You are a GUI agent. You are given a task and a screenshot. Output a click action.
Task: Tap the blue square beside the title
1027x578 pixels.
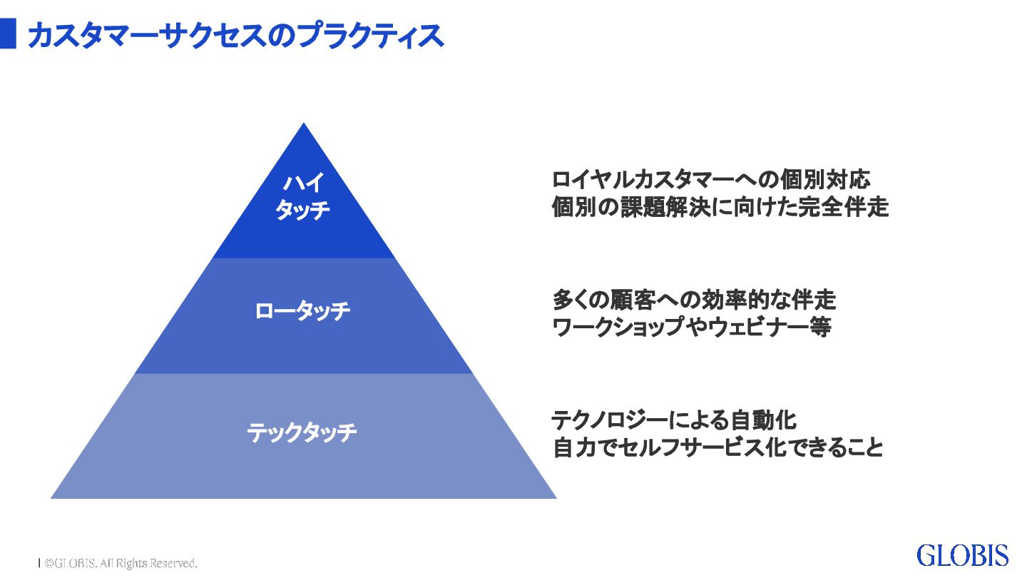point(8,34)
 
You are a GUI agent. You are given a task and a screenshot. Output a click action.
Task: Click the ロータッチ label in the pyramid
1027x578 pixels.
point(303,312)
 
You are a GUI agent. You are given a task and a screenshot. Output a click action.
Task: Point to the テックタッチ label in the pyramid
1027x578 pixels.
point(302,432)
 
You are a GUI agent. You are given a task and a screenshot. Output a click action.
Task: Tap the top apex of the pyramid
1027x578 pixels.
point(304,125)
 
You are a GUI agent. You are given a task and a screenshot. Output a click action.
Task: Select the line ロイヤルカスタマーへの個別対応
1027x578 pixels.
point(711,178)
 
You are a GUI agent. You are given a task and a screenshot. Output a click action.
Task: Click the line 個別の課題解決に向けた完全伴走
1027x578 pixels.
point(720,208)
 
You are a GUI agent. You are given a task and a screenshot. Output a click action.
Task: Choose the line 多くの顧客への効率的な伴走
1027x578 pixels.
point(694,298)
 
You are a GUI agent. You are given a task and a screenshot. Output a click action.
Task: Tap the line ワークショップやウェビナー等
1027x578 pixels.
point(692,328)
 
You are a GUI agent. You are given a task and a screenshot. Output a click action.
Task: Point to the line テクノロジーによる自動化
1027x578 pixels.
point(674,419)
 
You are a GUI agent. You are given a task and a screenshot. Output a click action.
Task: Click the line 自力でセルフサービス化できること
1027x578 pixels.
point(718,448)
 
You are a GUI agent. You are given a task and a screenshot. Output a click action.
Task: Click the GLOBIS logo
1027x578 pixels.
point(962,555)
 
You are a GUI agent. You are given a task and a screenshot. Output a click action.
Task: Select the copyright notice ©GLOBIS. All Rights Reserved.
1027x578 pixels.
point(120,563)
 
